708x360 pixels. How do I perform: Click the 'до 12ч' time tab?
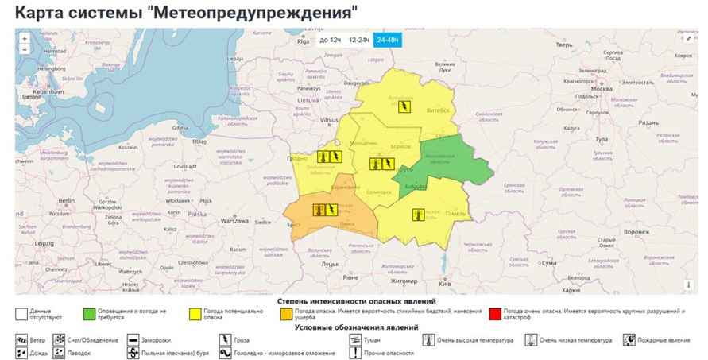tap(330, 40)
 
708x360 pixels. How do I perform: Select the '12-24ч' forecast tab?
tap(359, 40)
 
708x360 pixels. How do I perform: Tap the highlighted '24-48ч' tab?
tap(389, 40)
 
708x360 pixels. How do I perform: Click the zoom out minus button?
tap(25, 49)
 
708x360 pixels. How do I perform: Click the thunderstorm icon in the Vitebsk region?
tap(404, 106)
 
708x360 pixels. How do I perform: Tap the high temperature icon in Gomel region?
tap(417, 214)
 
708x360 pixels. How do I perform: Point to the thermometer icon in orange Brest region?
tap(318, 210)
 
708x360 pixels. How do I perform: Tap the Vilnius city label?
tap(329, 120)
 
